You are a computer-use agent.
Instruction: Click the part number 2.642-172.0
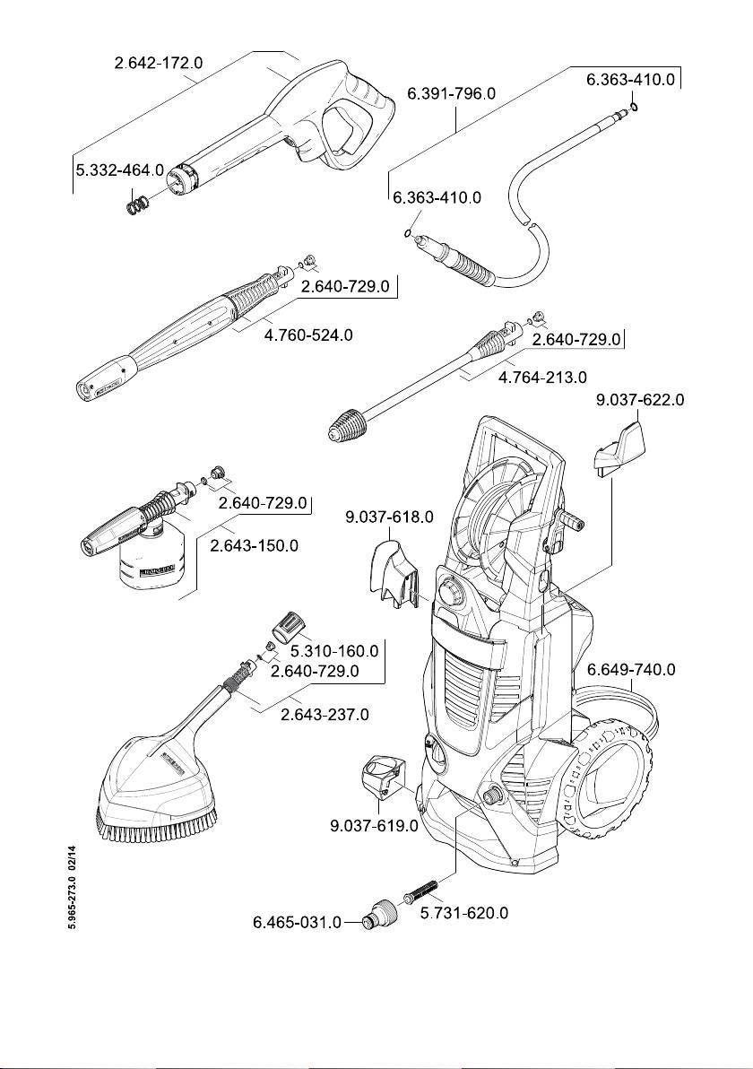coord(158,63)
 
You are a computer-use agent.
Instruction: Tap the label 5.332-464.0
coord(119,169)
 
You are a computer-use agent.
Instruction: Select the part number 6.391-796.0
coord(451,93)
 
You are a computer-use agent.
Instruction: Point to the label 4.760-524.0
coord(308,335)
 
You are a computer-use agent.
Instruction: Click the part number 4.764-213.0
coord(542,377)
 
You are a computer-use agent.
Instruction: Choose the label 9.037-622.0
coord(640,399)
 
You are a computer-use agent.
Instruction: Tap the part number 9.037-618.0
coord(389,517)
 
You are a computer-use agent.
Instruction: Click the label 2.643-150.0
coord(254,545)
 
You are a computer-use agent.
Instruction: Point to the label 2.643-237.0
coord(325,714)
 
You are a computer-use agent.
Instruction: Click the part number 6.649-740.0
coord(631,670)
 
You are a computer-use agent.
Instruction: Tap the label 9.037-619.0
coord(374,826)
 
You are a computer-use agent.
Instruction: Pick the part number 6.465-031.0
coord(297,923)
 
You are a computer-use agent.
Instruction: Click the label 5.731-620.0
coord(464,912)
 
